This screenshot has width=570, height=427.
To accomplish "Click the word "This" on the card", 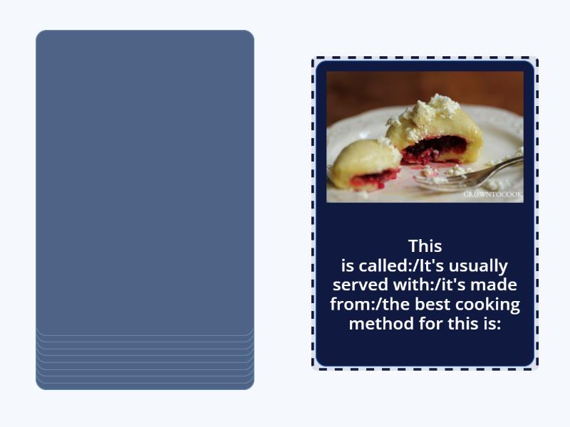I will pos(425,246).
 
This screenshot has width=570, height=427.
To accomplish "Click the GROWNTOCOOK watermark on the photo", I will pos(492,194).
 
